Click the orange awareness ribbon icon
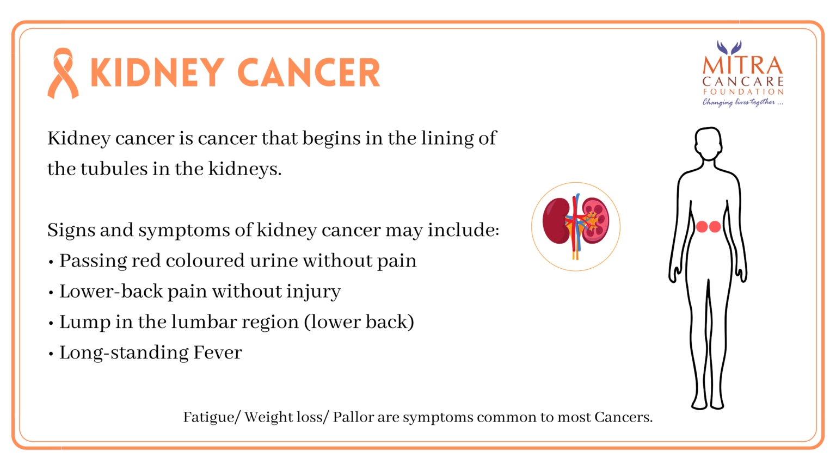coord(63,73)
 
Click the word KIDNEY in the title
coord(157,72)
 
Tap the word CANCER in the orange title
coord(309,72)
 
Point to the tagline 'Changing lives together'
coord(743,102)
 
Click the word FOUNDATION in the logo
coord(743,91)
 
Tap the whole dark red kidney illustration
coord(556,221)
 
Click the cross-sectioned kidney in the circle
coord(595,220)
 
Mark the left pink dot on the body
coord(702,226)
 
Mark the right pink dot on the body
coord(715,226)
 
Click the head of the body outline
coord(708,143)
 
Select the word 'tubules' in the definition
coord(114,169)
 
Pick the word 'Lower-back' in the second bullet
coord(111,292)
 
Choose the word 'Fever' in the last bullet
coord(218,352)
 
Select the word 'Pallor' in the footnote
coord(353,417)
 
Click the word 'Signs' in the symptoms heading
coord(71,230)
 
